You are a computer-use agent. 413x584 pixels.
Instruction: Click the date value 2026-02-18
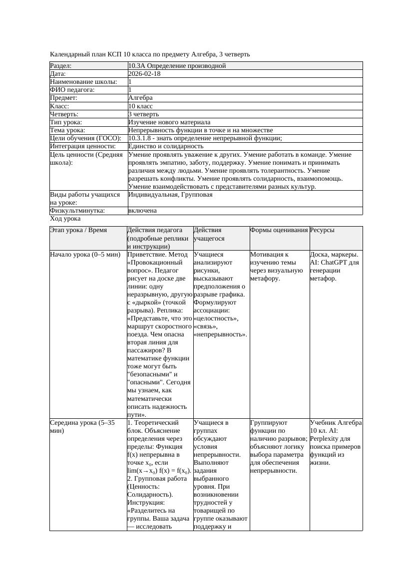144,74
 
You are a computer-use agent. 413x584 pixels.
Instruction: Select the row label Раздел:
61,66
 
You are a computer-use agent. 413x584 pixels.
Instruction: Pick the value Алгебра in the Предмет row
140,98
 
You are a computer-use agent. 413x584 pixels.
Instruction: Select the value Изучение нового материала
169,122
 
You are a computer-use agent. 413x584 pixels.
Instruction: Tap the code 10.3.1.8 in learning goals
141,138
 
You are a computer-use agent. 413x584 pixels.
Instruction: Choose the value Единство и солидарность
166,146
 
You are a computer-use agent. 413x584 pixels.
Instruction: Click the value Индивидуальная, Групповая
170,195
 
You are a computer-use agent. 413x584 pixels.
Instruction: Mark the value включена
142,211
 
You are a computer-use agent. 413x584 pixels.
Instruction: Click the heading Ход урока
65,219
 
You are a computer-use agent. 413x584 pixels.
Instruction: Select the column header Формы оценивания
279,230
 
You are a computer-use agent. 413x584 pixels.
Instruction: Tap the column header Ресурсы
322,230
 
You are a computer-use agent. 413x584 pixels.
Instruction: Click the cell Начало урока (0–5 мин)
85,255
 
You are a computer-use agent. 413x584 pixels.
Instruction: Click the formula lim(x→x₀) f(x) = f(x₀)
159,471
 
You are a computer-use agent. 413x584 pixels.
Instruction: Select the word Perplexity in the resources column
327,439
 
